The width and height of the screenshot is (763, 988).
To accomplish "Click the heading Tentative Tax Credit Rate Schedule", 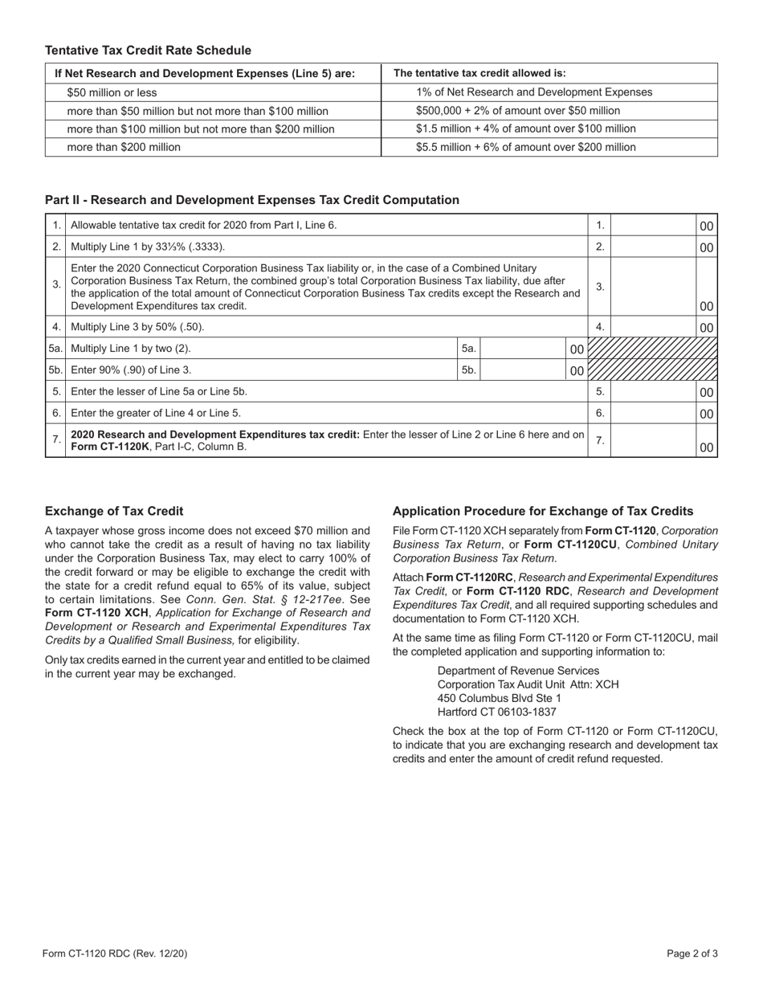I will pos(148,51).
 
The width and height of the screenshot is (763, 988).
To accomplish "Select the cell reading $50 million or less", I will pos(112,92).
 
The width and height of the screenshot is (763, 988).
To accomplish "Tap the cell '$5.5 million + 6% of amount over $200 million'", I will pos(525,147).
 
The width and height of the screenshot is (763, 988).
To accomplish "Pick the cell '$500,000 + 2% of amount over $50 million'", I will pos(518,111).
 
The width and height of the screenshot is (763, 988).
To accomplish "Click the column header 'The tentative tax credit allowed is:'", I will pos(479,73).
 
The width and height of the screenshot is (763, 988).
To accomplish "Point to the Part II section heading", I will pos(252,200).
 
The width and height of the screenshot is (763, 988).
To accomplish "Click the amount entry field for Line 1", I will pos(653,226).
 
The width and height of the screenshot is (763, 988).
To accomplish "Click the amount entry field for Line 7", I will pos(653,441).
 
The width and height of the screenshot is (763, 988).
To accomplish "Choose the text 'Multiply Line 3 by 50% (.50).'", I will pos(137,327).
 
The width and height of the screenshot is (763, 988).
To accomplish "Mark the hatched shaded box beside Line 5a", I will pos(652,349).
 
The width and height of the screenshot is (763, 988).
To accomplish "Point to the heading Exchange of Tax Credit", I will pos(114,511).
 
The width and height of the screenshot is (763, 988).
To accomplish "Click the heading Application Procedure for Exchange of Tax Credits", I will pos(543,511).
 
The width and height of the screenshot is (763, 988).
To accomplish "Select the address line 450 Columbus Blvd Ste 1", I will pos(500,698).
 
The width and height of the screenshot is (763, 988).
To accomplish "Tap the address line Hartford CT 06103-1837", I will pos(496,712).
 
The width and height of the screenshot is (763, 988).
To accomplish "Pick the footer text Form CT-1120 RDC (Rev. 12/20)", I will pos(115,954).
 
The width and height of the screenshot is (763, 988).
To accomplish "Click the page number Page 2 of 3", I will pos(692,954).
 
